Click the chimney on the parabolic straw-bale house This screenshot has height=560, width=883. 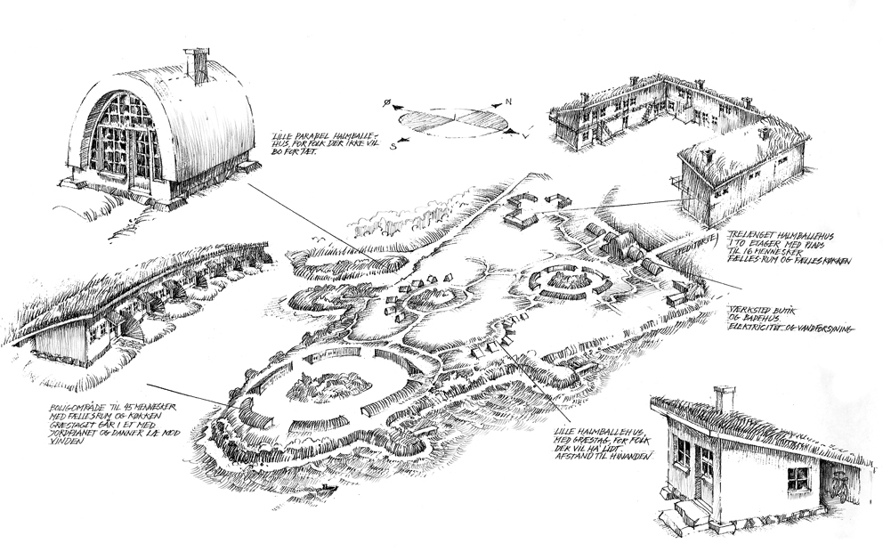[198, 64]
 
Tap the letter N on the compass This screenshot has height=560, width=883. [508, 102]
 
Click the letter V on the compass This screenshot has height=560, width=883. [526, 138]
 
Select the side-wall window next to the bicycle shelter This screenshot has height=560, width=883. [798, 478]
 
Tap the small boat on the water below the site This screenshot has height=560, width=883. [329, 490]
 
